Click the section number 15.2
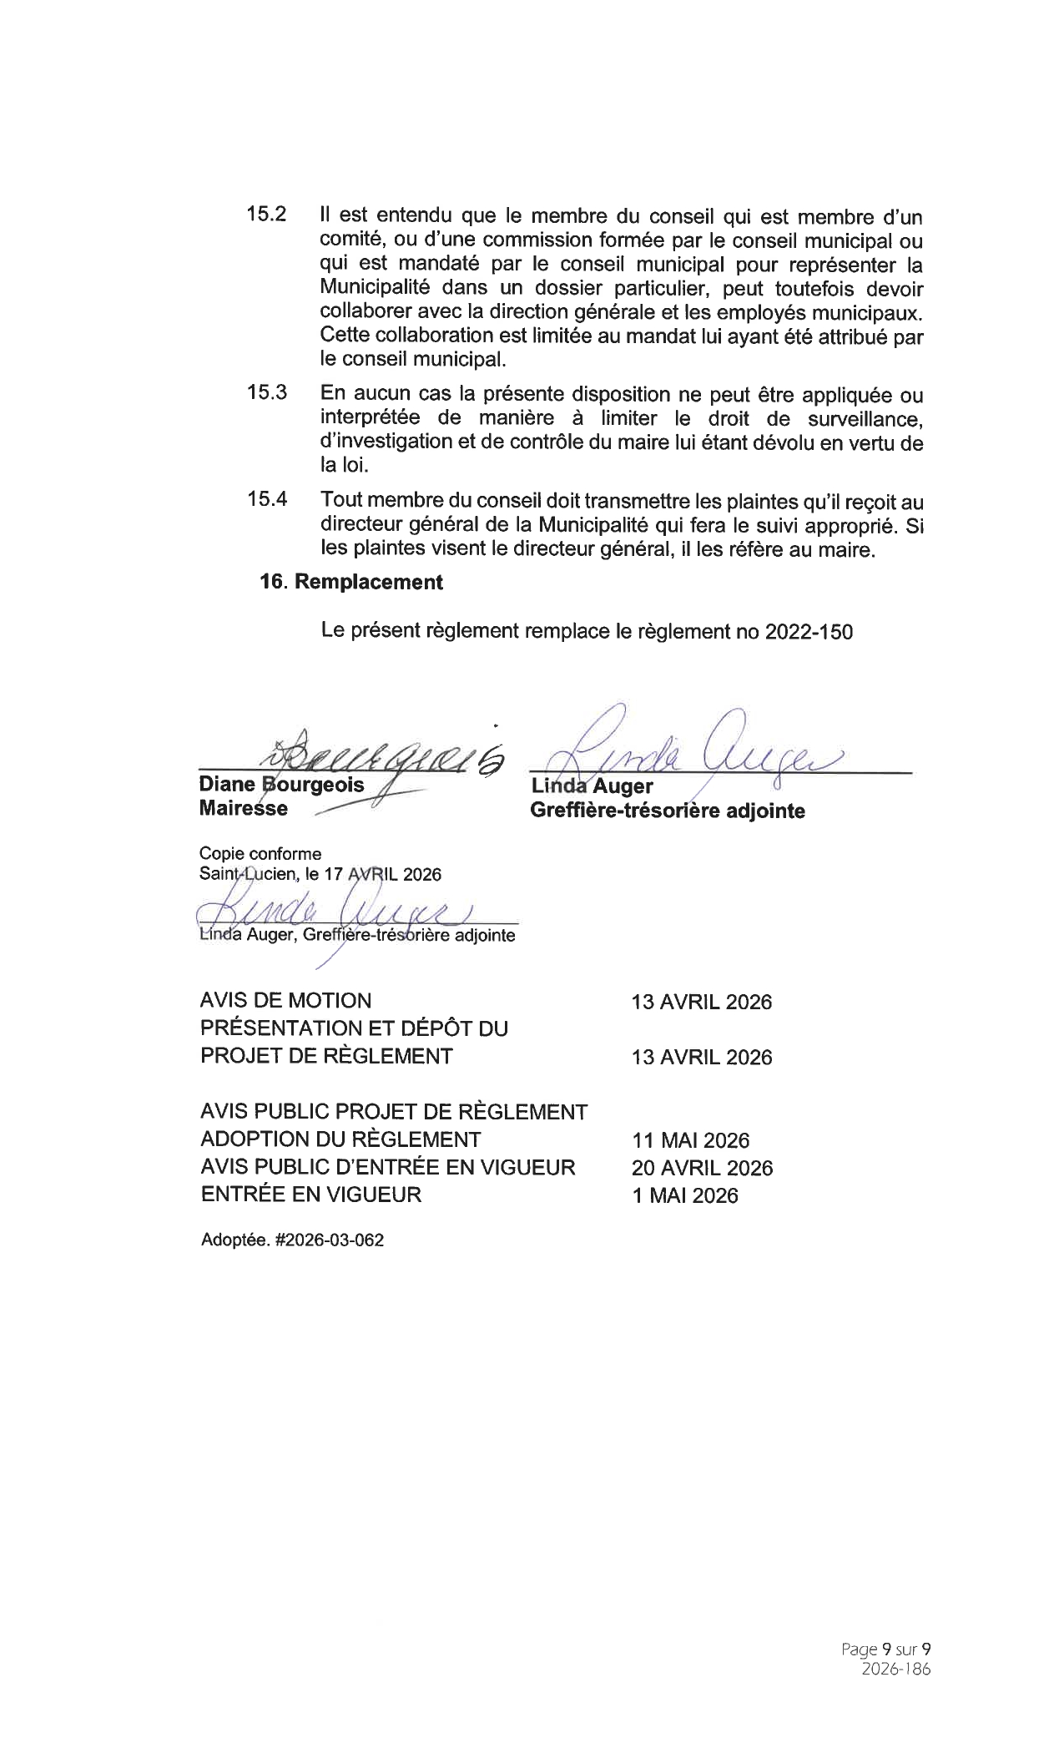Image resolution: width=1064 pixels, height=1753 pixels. click(266, 214)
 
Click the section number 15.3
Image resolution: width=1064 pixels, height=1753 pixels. click(266, 392)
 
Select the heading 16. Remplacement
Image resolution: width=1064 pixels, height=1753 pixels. click(351, 582)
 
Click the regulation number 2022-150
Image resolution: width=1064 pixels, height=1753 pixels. click(808, 631)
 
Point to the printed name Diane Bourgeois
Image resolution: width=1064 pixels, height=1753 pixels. click(281, 785)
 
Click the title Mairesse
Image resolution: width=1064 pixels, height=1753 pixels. click(243, 808)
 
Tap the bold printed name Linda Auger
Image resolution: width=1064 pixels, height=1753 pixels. click(592, 786)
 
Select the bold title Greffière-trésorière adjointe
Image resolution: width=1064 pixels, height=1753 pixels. click(668, 811)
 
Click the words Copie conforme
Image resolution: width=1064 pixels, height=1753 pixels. click(260, 853)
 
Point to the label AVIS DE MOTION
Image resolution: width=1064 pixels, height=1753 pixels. click(285, 1000)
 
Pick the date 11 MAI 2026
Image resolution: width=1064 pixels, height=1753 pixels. click(690, 1140)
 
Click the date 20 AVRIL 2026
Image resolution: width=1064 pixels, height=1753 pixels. click(702, 1168)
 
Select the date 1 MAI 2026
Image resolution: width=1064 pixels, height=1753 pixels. click(684, 1195)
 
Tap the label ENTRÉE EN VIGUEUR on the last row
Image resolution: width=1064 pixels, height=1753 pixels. click(310, 1195)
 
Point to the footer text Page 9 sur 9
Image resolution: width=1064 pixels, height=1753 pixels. click(885, 1649)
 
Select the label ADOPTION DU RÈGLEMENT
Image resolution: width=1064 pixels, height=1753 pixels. click(340, 1139)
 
